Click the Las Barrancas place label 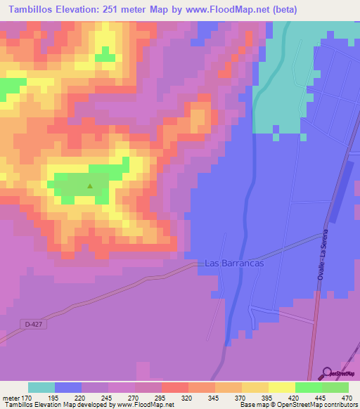pos(233,263)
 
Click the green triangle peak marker pos(90,186)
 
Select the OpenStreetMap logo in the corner pos(340,373)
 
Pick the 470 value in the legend pos(347,397)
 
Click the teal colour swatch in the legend pos(41,387)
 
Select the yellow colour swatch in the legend pos(281,387)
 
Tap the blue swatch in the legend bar pos(68,387)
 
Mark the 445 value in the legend pos(321,397)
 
